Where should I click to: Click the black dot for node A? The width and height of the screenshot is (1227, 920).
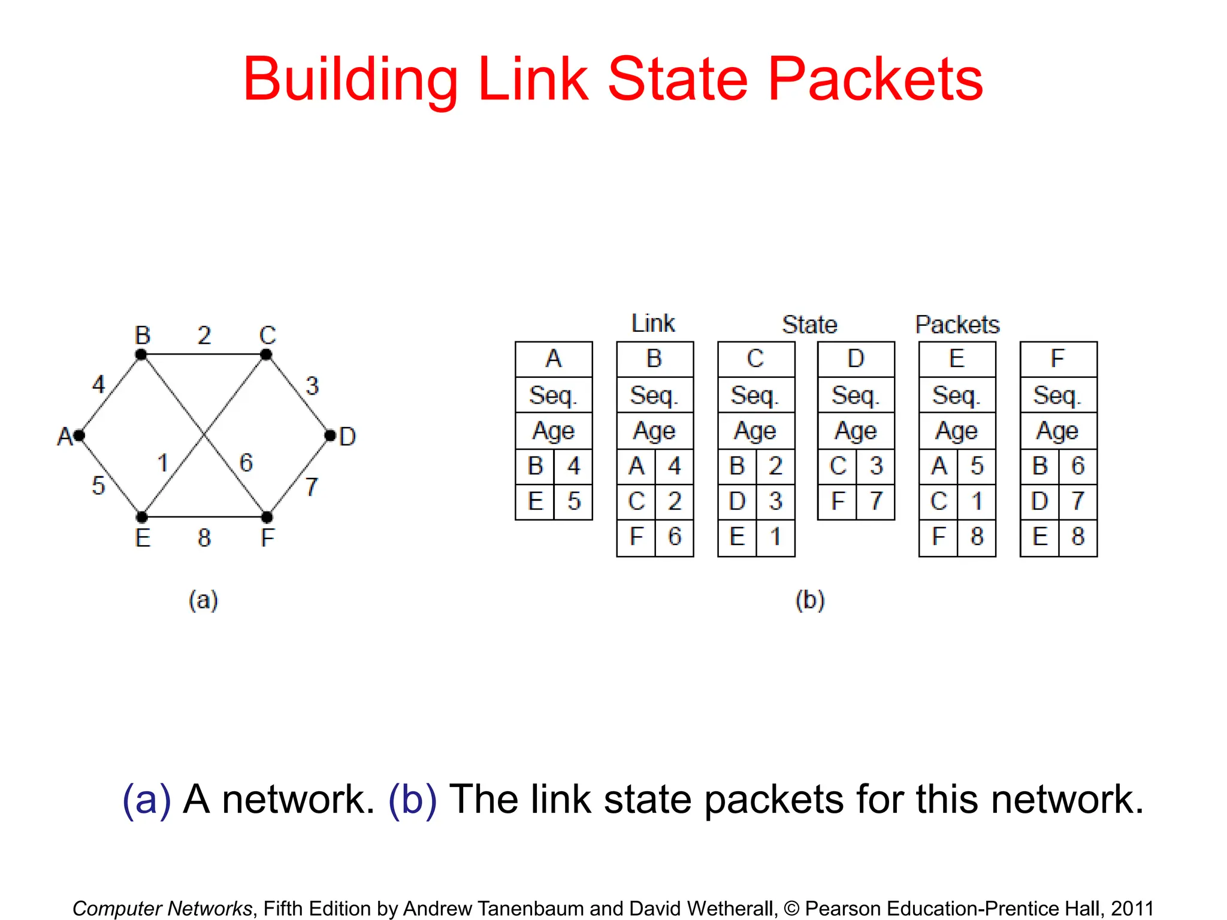tap(79, 435)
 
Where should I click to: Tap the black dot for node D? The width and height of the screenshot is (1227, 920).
tap(330, 435)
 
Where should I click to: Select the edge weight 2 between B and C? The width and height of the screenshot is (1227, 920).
tap(204, 335)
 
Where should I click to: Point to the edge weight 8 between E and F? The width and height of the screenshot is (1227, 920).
tap(204, 537)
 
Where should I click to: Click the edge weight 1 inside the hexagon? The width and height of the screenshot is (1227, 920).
tap(162, 463)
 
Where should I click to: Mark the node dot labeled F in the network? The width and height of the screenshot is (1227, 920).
tap(267, 516)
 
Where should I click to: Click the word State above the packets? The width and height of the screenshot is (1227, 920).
tap(809, 325)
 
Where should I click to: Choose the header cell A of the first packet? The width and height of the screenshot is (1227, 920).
tap(554, 359)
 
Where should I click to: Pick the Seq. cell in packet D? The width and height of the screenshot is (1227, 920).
tap(856, 395)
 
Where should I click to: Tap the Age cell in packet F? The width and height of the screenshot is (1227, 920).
tap(1058, 431)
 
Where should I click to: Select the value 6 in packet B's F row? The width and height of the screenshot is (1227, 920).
tap(675, 537)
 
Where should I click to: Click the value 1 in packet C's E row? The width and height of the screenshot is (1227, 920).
tap(775, 537)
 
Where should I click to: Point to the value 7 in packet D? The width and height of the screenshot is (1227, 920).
tap(876, 501)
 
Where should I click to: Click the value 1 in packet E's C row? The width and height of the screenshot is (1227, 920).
tap(977, 501)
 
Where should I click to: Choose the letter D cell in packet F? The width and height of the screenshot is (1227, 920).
tap(1039, 501)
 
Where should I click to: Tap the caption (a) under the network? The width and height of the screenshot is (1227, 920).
tap(203, 600)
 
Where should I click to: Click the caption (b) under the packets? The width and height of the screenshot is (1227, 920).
tap(810, 600)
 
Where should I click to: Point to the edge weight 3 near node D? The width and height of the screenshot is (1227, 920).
tap(312, 386)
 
